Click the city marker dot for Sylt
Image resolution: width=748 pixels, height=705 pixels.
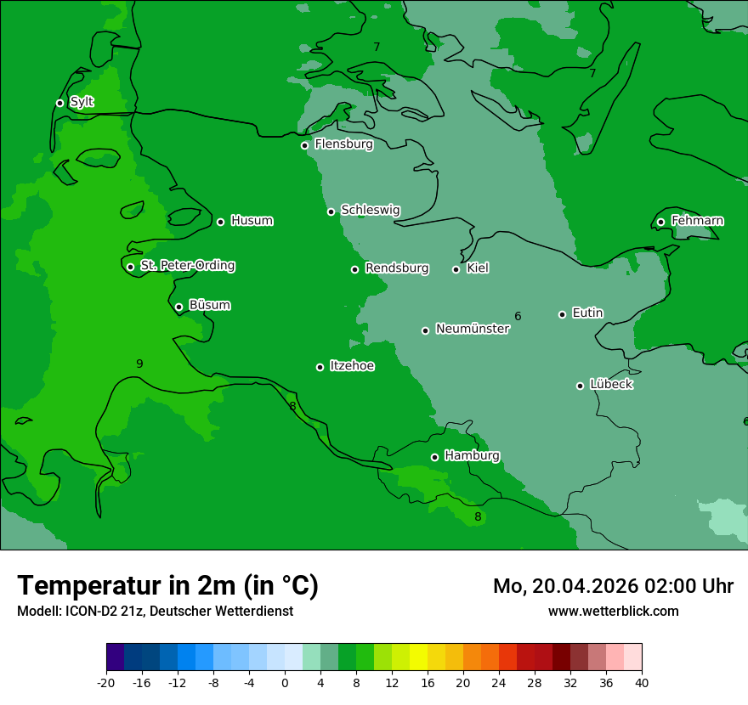pyautogui.click(x=59, y=103)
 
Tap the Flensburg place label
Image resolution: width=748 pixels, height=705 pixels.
pyautogui.click(x=343, y=144)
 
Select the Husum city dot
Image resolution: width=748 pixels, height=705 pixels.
pyautogui.click(x=220, y=222)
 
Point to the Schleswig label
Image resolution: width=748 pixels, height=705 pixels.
pyautogui.click(x=370, y=210)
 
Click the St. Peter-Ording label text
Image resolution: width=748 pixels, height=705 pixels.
pyautogui.click(x=187, y=266)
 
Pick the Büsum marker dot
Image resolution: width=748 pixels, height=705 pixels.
pyautogui.click(x=178, y=307)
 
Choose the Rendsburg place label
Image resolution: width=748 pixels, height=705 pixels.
pyautogui.click(x=396, y=268)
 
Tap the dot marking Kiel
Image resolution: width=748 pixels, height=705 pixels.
pyautogui.click(x=456, y=269)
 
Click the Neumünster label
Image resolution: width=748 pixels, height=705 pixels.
pyautogui.click(x=472, y=329)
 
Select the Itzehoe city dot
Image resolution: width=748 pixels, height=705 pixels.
pyautogui.click(x=320, y=367)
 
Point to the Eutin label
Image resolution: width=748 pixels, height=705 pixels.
pyautogui.click(x=587, y=313)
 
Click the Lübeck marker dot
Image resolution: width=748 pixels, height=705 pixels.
pyautogui.click(x=580, y=386)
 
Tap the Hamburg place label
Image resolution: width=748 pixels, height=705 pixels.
pyautogui.click(x=472, y=455)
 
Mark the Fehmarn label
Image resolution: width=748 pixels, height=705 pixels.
pyautogui.click(x=697, y=221)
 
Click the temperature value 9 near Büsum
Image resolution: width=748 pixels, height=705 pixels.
pyautogui.click(x=139, y=364)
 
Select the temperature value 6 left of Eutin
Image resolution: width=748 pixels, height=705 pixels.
pyautogui.click(x=518, y=316)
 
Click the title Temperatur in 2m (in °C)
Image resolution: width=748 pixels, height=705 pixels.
pyautogui.click(x=167, y=585)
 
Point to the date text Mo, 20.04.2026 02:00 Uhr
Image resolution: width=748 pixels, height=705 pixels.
pyautogui.click(x=613, y=586)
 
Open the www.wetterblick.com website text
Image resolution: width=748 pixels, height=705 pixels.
pyautogui.click(x=613, y=611)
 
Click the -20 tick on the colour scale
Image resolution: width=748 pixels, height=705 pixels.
pyautogui.click(x=106, y=682)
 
